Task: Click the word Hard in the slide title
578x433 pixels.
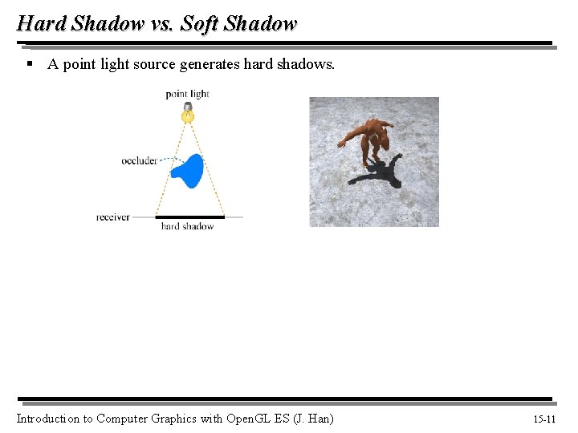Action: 40,23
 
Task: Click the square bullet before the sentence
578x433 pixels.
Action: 29,63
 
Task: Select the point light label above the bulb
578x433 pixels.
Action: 187,94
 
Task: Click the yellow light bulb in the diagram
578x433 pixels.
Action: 188,115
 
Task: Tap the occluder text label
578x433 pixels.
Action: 139,161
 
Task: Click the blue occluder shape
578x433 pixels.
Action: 190,170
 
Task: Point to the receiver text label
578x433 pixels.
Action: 112,217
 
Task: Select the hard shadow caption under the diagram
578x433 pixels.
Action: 187,227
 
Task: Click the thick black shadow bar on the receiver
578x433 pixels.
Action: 189,216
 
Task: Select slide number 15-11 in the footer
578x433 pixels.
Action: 543,419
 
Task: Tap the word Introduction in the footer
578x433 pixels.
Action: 47,419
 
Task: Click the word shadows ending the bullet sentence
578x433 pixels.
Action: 306,64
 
